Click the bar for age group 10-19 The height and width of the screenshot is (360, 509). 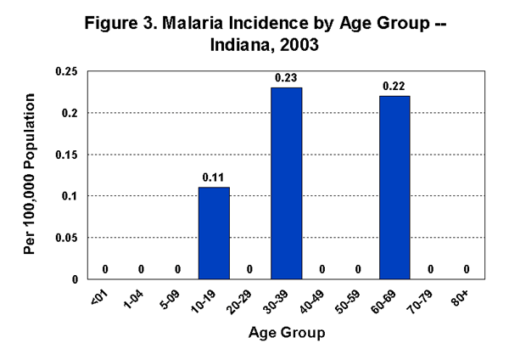coord(213,233)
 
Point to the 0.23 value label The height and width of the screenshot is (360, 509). coord(286,79)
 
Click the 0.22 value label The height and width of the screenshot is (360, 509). coord(394,87)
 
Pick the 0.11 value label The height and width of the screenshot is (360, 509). coord(213,178)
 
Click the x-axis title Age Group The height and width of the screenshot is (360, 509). coord(287,334)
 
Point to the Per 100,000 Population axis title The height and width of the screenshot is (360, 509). coord(31,175)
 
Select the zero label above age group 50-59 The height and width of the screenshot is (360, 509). coord(358,269)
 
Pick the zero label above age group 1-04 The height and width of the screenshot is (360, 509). coord(141,269)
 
